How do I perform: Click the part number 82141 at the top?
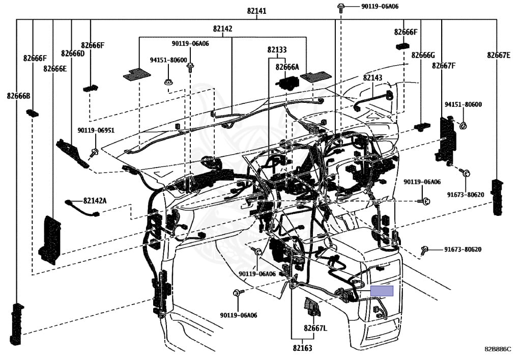(x=256, y=11)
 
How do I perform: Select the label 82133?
(x=277, y=50)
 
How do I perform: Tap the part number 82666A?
(x=287, y=67)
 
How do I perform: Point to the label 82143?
(x=372, y=77)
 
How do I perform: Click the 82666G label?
(x=423, y=55)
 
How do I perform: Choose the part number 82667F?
(x=444, y=66)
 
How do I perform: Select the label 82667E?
(x=499, y=55)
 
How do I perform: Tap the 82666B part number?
(x=19, y=96)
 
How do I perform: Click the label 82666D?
(x=73, y=53)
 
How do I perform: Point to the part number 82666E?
(x=55, y=68)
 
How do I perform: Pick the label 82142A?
(x=95, y=201)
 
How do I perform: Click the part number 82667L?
(x=315, y=328)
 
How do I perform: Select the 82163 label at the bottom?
(x=302, y=348)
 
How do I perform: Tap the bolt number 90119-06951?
(x=96, y=130)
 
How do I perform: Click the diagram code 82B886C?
(x=498, y=349)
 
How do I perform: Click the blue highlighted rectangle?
(x=382, y=291)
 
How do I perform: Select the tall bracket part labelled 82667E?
(x=497, y=197)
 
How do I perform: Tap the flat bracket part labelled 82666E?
(x=50, y=240)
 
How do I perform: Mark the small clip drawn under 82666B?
(x=32, y=113)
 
